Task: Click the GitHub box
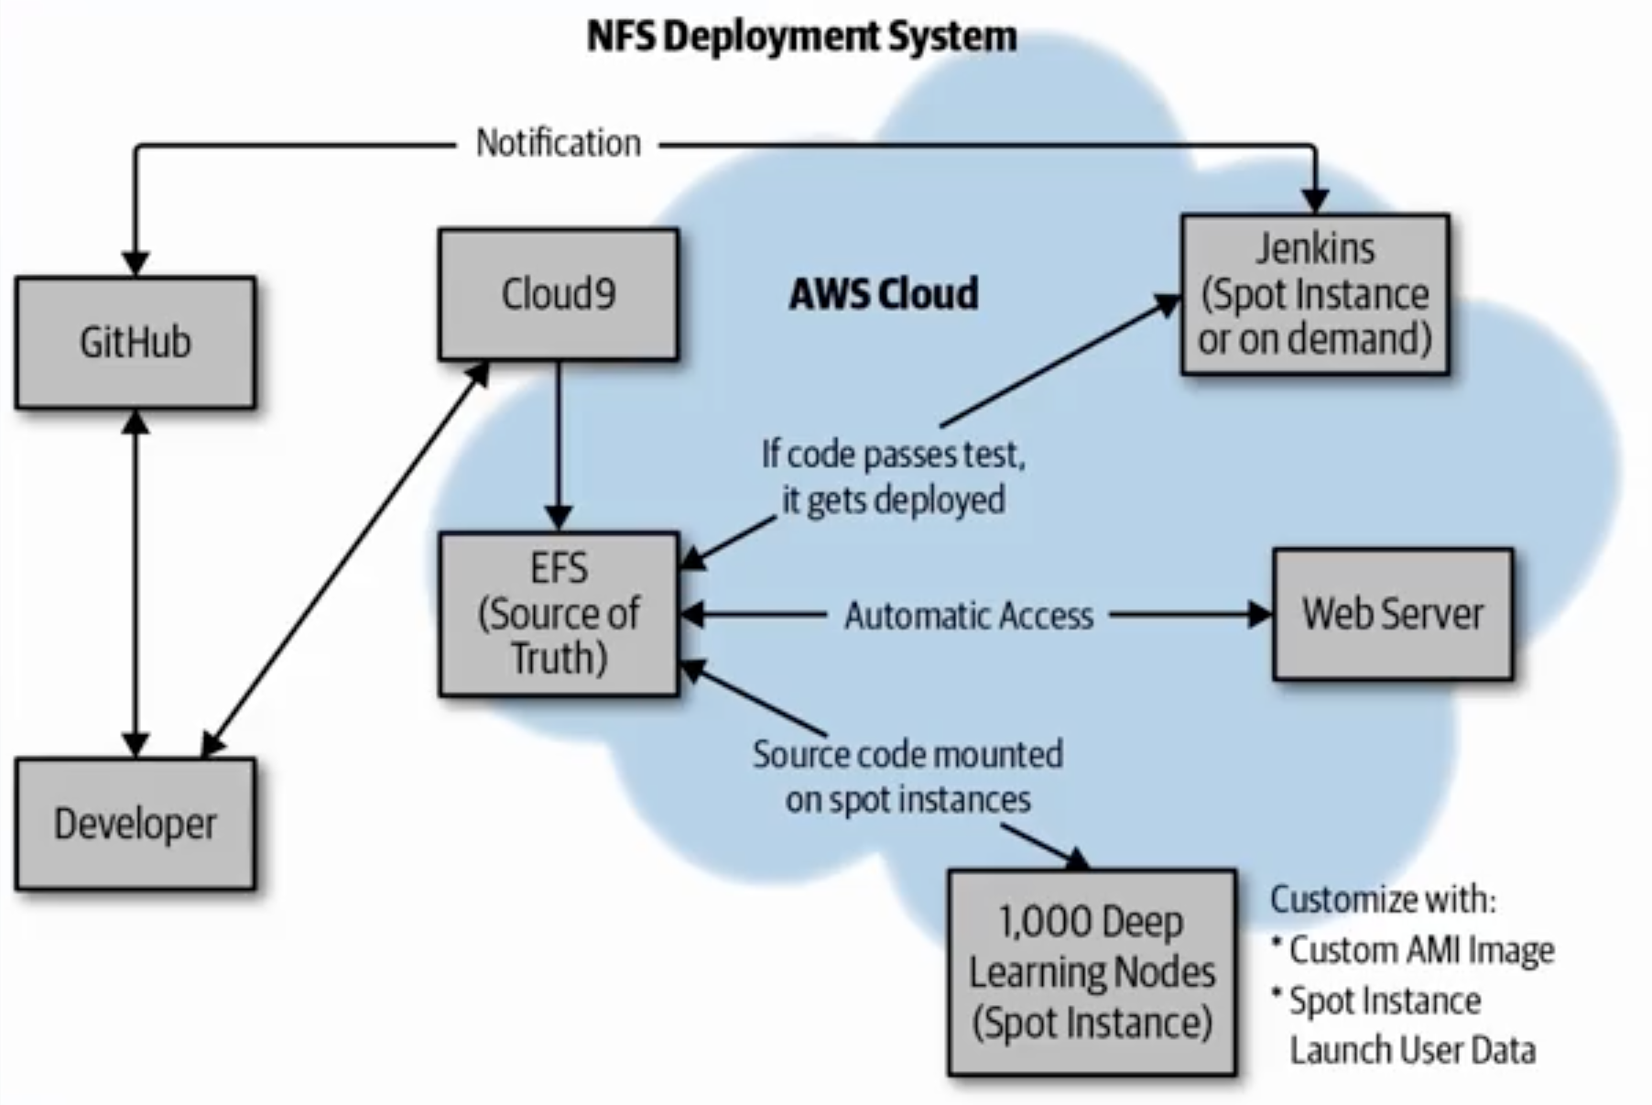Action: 136,342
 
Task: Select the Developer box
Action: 136,823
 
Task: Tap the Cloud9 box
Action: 559,294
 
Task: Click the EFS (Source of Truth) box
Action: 559,614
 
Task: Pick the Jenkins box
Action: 1315,294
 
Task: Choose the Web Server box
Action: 1392,614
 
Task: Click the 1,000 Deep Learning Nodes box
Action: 1092,972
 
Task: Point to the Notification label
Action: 559,144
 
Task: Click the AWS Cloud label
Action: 884,294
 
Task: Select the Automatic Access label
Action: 969,616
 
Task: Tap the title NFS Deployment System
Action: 801,37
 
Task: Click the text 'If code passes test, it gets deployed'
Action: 893,476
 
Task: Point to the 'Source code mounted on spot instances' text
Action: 908,777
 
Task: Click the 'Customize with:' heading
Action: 1383,899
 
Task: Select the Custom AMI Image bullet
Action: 1413,950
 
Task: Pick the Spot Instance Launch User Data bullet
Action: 1404,1025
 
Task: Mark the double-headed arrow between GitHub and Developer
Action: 136,583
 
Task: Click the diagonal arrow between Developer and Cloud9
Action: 345,559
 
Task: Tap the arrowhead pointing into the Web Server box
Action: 1261,614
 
